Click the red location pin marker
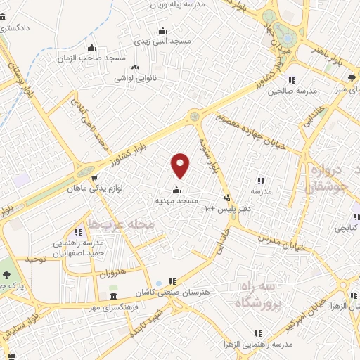[x=181, y=165]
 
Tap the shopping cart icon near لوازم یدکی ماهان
[x=95, y=177]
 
